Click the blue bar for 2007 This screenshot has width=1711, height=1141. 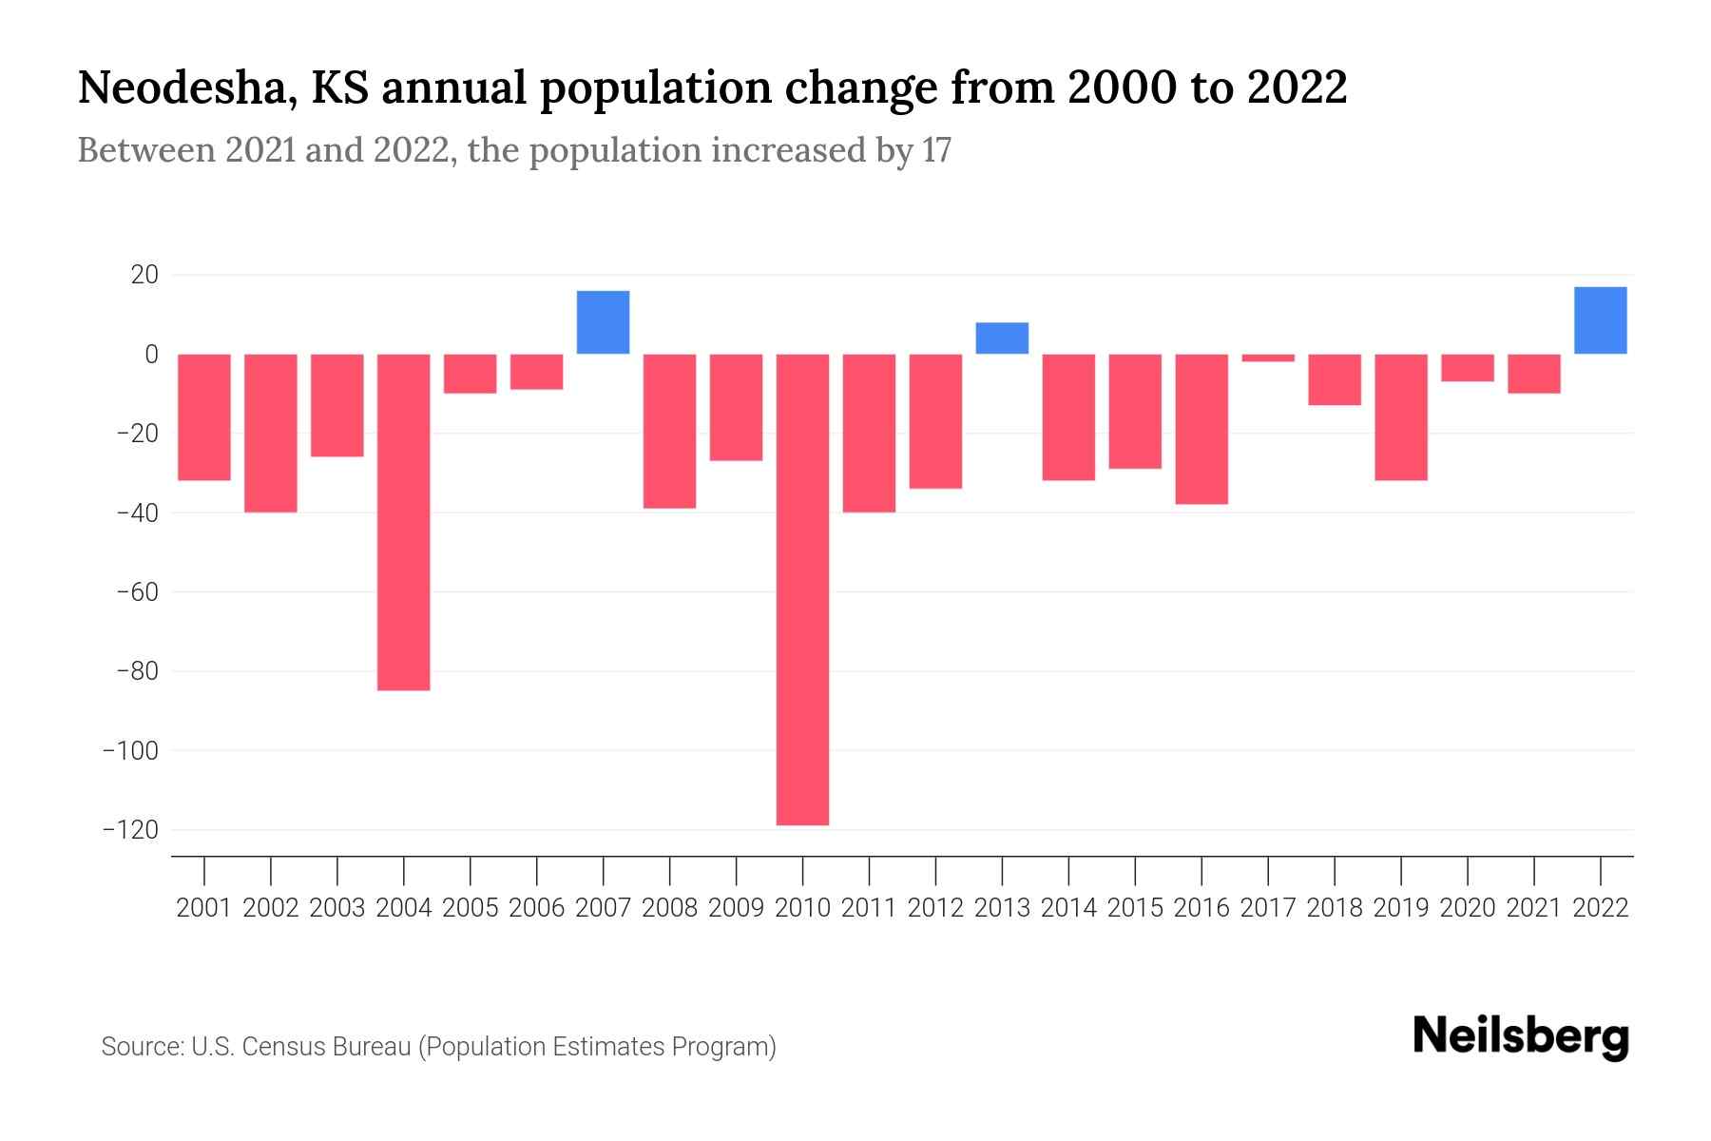[603, 322]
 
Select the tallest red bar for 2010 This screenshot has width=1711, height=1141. [802, 590]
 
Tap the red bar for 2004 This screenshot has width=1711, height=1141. [403, 522]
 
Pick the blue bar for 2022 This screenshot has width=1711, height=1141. [1600, 320]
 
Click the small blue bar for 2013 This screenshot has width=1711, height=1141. [1002, 338]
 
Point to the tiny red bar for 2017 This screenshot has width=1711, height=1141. [1268, 358]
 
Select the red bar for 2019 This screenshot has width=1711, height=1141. [1400, 417]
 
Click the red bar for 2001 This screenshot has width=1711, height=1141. [204, 417]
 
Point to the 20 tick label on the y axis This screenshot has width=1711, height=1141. [144, 275]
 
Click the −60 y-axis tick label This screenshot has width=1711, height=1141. [137, 592]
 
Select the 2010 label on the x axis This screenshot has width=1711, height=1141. [802, 908]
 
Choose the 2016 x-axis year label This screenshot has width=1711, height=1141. [1202, 908]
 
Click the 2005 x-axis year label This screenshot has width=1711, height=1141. [471, 908]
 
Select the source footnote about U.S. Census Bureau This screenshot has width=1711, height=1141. [438, 1047]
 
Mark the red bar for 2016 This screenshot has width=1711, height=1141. [1202, 429]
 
